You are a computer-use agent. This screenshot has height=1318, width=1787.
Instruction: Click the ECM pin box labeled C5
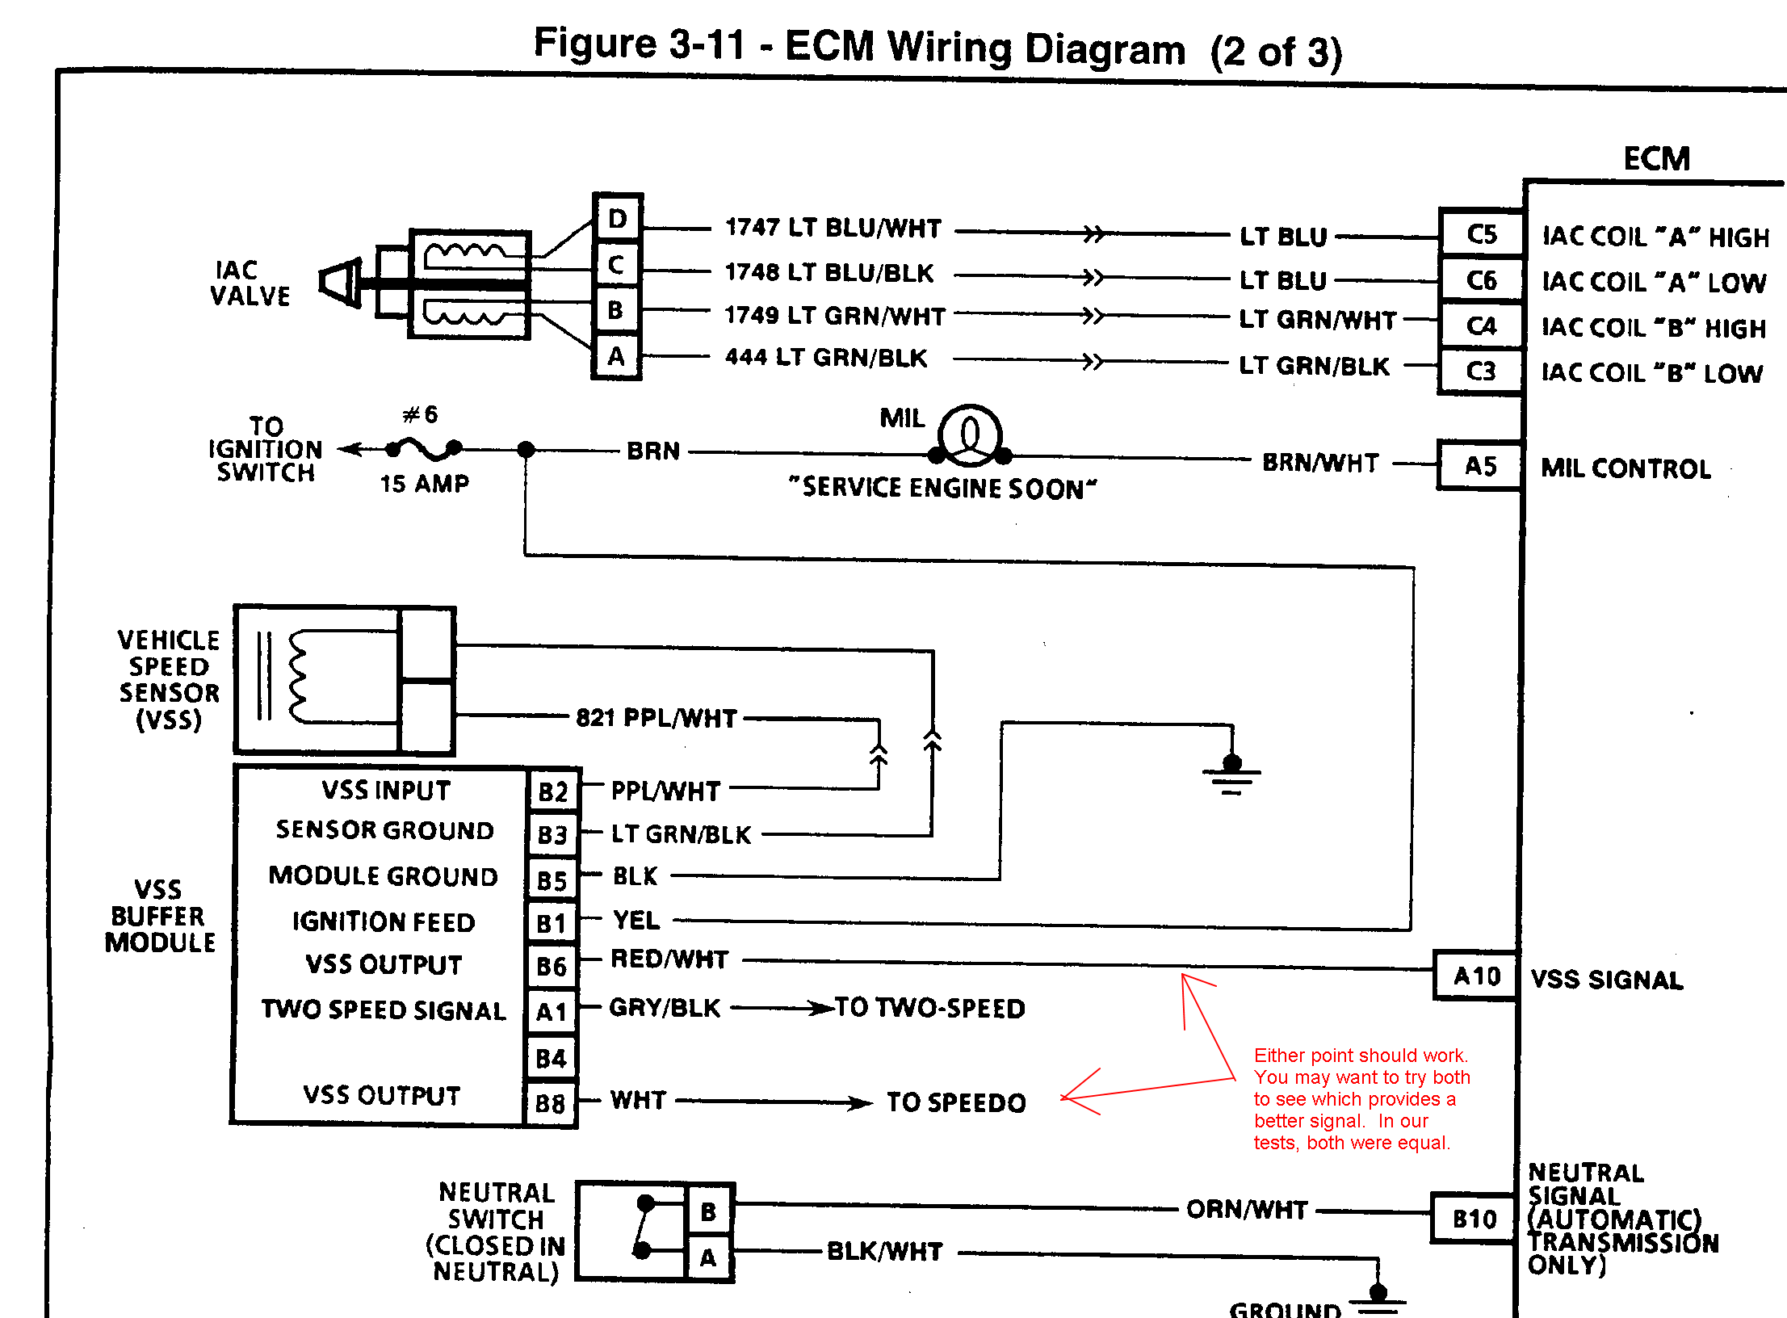1481,234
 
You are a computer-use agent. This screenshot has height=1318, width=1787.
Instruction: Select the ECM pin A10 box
1475,976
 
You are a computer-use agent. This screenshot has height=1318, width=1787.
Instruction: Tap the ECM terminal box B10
1474,1219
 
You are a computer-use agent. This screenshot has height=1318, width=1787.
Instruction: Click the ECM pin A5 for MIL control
1480,466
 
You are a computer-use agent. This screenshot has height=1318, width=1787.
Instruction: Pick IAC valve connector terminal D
617,219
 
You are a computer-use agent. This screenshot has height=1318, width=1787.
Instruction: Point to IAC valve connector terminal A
616,356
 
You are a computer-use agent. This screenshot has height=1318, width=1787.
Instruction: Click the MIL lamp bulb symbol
970,436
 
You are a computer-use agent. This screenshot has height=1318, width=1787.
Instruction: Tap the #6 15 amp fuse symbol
424,447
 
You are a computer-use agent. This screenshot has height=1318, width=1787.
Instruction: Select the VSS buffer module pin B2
552,791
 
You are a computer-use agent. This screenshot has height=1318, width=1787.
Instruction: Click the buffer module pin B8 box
551,1103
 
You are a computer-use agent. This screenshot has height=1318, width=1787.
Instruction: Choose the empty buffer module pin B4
551,1058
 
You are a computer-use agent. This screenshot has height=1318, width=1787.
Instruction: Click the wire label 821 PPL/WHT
656,718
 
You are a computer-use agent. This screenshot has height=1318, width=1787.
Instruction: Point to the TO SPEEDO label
956,1102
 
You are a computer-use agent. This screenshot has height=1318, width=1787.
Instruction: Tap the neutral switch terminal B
708,1211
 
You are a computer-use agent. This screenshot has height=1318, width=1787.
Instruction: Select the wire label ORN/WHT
1246,1210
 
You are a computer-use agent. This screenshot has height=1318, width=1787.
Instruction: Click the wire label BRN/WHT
1320,463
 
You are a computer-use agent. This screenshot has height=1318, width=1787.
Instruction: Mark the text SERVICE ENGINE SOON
943,488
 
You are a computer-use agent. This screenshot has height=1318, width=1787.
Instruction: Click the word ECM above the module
1656,158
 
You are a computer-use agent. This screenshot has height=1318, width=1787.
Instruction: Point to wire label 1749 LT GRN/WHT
834,316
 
